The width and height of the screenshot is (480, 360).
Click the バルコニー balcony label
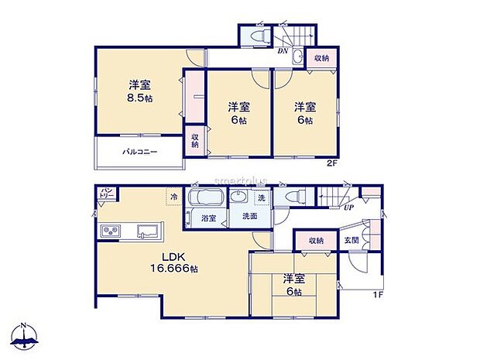[139, 153]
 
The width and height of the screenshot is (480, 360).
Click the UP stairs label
[350, 207]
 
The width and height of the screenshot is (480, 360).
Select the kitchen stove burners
[110, 231]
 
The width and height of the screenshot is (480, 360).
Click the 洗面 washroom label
[249, 216]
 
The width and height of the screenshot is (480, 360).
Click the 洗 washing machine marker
[262, 198]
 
